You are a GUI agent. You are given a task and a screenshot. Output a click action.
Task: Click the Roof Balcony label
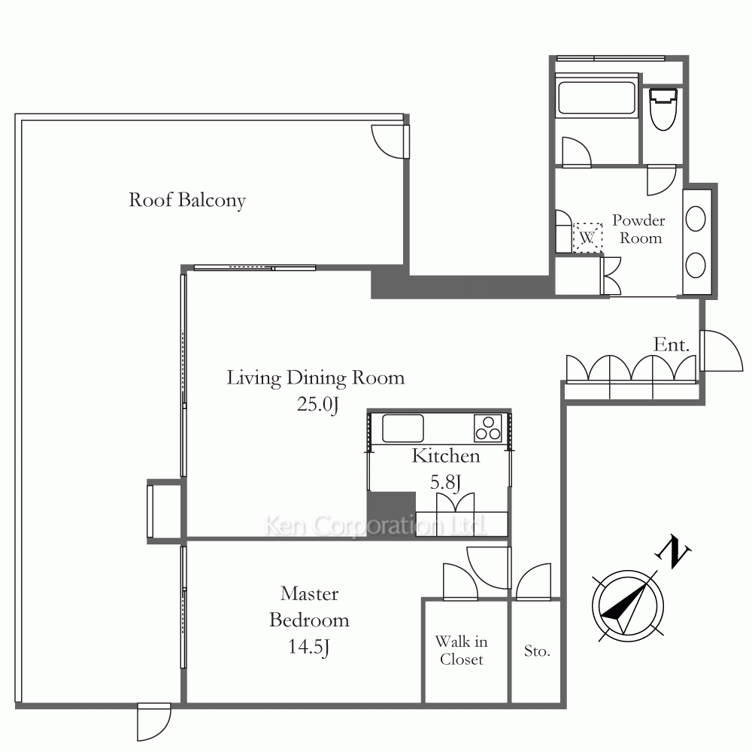(187, 200)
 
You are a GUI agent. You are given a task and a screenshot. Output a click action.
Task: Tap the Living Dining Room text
(316, 378)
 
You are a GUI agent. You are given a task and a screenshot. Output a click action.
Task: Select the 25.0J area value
(317, 405)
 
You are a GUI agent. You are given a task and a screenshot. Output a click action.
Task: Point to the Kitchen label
(445, 456)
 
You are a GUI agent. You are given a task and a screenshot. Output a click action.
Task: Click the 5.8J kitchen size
(445, 482)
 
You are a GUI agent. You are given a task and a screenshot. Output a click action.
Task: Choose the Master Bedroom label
(309, 607)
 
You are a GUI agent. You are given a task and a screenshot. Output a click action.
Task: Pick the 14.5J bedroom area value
(309, 647)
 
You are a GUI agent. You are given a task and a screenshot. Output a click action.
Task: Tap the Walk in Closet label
(462, 650)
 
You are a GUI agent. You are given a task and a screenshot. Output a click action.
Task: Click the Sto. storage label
(537, 650)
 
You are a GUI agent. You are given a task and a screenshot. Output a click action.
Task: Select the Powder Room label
(638, 229)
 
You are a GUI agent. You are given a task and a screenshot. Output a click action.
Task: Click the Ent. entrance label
(672, 344)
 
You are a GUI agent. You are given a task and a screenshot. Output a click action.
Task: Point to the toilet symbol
(663, 109)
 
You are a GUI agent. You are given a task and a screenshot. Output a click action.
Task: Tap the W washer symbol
(587, 238)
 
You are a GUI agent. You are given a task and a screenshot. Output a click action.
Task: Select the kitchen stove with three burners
(488, 428)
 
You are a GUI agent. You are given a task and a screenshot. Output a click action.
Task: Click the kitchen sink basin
(403, 429)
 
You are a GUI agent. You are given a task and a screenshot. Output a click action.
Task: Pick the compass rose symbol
(628, 606)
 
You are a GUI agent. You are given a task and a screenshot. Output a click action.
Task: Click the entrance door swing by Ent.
(722, 350)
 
